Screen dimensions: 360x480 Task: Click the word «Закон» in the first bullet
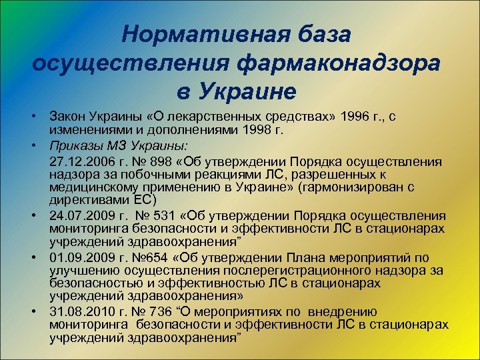[x=68, y=117]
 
